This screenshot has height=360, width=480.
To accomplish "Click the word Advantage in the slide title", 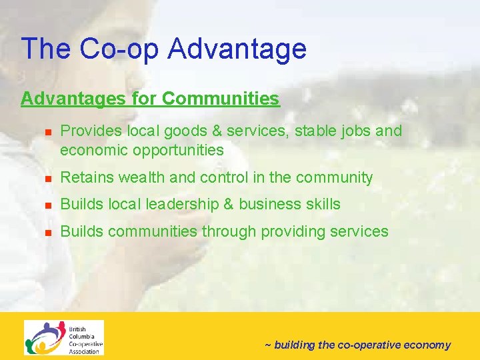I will click(237, 49).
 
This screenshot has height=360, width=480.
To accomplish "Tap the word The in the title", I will click(45, 49).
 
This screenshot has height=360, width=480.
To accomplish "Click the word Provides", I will click(87, 131).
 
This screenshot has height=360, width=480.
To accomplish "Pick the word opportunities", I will click(178, 150).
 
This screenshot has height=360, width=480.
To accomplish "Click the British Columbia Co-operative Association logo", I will click(64, 337).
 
